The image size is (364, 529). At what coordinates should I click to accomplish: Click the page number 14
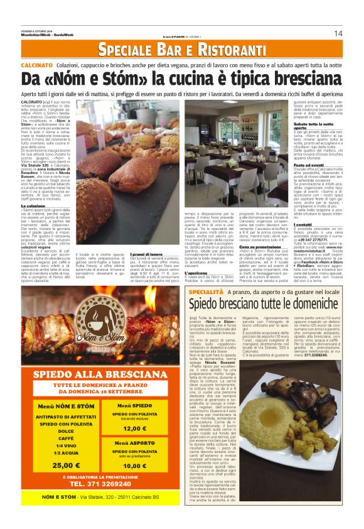click(338, 33)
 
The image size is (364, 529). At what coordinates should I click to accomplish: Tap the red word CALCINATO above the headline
click(36, 65)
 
